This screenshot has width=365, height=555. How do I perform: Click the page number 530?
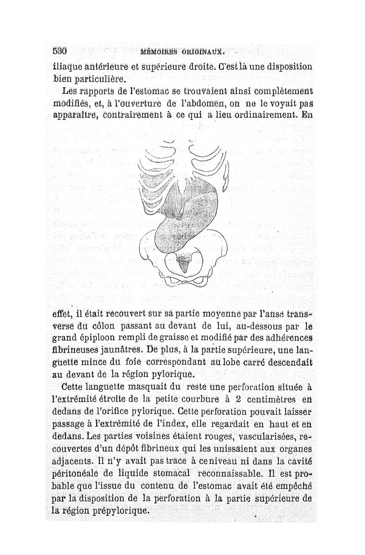(60, 51)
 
